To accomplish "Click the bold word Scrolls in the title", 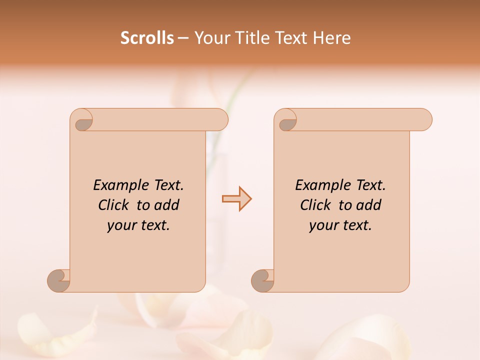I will pyautogui.click(x=147, y=38).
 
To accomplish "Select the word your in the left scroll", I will pyautogui.click(x=121, y=225).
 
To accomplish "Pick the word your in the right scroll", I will pyautogui.click(x=323, y=225).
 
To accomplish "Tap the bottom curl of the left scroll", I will pyautogui.click(x=58, y=280).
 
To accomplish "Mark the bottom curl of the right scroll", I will pyautogui.click(x=262, y=280).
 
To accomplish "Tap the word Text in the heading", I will pyautogui.click(x=289, y=38).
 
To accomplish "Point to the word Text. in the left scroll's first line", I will pyautogui.click(x=168, y=185).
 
